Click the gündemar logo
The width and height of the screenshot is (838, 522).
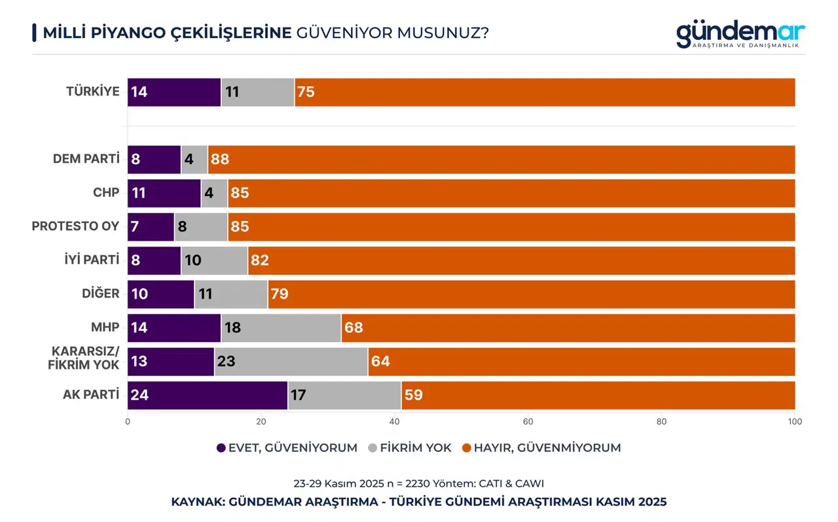(740, 33)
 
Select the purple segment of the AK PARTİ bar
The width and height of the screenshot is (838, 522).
(208, 395)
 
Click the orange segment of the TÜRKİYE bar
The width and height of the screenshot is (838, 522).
(545, 92)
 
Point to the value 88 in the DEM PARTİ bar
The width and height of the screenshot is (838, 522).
(219, 160)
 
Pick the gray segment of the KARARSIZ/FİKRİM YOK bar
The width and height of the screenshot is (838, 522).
(291, 362)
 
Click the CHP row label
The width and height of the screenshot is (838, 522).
(106, 193)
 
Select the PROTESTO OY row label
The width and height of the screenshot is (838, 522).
(76, 226)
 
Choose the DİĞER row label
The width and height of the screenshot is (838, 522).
(100, 293)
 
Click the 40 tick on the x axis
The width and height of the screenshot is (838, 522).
(395, 422)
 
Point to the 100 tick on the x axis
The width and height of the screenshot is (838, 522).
(795, 422)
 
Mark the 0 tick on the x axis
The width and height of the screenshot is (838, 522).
(128, 422)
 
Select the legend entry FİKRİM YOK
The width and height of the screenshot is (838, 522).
(410, 448)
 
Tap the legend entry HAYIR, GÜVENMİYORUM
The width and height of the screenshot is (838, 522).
(541, 448)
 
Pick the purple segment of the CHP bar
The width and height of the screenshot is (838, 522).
(164, 193)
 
